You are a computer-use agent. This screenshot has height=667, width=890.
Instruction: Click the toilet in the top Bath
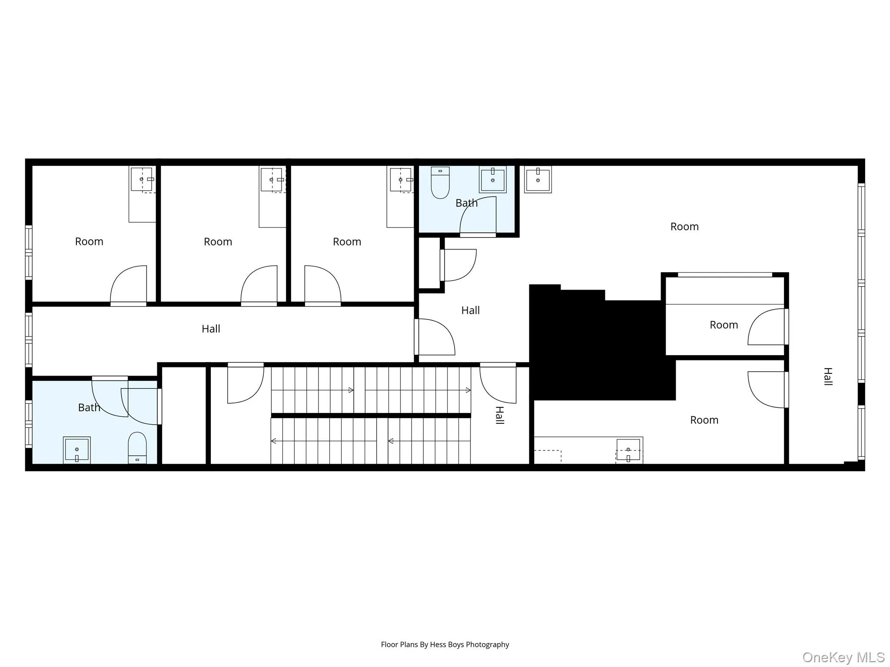[440, 183]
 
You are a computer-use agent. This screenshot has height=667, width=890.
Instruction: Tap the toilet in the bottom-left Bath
[137, 448]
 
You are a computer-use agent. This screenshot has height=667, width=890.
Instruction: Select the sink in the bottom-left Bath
[77, 450]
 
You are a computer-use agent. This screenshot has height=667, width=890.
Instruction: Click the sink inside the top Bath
[492, 179]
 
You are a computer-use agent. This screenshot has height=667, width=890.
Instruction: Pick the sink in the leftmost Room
[142, 179]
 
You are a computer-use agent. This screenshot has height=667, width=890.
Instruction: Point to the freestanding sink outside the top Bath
[538, 179]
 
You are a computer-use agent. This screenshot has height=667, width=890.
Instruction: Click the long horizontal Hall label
[211, 329]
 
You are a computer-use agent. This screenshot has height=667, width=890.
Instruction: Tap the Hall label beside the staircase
[500, 415]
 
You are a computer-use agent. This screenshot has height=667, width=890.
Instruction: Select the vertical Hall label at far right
[828, 376]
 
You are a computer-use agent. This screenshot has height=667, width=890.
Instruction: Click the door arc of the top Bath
[477, 215]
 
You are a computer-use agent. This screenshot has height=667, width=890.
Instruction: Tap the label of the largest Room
[684, 227]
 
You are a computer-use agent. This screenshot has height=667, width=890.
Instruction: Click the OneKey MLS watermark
[843, 657]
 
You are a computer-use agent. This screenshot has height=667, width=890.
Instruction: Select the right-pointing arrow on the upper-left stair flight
[351, 390]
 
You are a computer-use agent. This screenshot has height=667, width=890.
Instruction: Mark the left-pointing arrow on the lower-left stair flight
[274, 441]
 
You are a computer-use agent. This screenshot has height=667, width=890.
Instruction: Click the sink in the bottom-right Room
[628, 450]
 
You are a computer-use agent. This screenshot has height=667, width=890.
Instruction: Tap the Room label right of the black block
[724, 325]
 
